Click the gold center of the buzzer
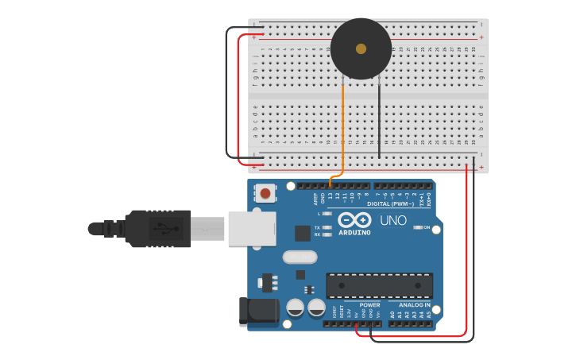click(x=361, y=48)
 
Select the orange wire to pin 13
click(x=342, y=127)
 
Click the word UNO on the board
click(x=393, y=220)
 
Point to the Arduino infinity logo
click(x=354, y=219)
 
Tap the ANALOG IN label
click(x=415, y=304)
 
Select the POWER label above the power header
click(x=369, y=304)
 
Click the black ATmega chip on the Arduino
click(x=380, y=285)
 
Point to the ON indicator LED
click(x=418, y=227)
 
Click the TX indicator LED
click(x=327, y=227)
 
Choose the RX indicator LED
click(x=327, y=234)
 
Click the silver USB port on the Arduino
click(x=252, y=228)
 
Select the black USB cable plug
click(x=158, y=229)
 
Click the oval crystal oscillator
click(x=300, y=257)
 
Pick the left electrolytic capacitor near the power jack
click(x=295, y=307)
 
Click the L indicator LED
click(x=327, y=214)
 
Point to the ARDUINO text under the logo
click(x=354, y=232)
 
